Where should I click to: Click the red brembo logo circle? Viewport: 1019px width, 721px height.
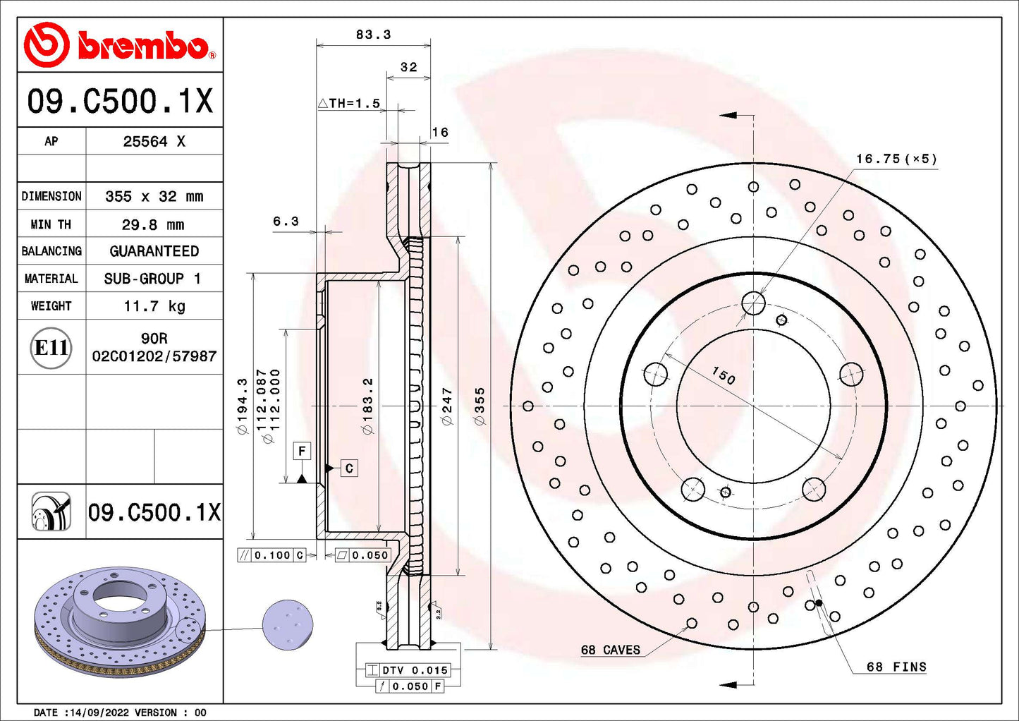(x=47, y=44)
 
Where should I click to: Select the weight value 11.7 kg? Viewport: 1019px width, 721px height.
(x=154, y=306)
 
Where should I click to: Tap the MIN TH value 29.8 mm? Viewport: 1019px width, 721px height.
(x=153, y=224)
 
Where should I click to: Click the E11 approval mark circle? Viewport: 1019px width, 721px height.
(x=51, y=348)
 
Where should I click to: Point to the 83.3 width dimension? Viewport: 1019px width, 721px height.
(x=374, y=35)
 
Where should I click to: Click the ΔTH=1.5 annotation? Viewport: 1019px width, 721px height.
(x=349, y=103)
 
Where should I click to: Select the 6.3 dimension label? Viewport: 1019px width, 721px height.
(x=286, y=222)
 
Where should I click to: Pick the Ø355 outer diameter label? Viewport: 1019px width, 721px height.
(x=480, y=406)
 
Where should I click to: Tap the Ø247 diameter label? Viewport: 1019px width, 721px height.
(x=448, y=406)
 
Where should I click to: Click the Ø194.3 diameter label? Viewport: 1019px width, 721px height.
(x=243, y=406)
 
